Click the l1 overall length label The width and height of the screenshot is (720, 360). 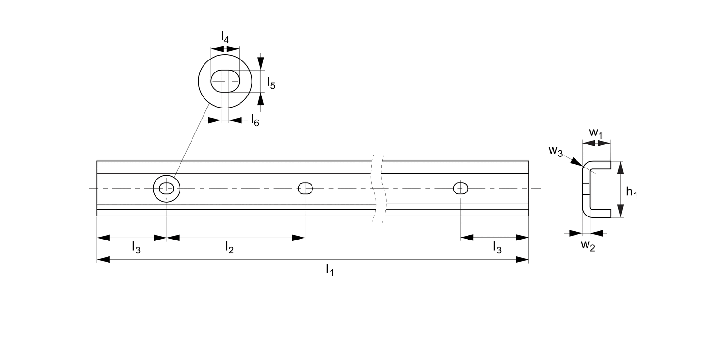pyautogui.click(x=330, y=270)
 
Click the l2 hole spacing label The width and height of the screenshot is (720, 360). pyautogui.click(x=229, y=248)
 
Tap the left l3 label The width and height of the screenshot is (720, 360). pyautogui.click(x=136, y=248)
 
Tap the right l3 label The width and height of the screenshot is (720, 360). pyautogui.click(x=497, y=248)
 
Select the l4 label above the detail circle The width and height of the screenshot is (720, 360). pyautogui.click(x=225, y=37)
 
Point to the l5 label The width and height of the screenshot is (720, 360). pyautogui.click(x=271, y=83)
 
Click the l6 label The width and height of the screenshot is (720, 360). pyautogui.click(x=255, y=120)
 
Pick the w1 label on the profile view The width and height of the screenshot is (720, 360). pyautogui.click(x=596, y=133)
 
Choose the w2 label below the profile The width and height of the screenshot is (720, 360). pyautogui.click(x=588, y=246)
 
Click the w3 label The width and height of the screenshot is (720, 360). pyautogui.click(x=555, y=151)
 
